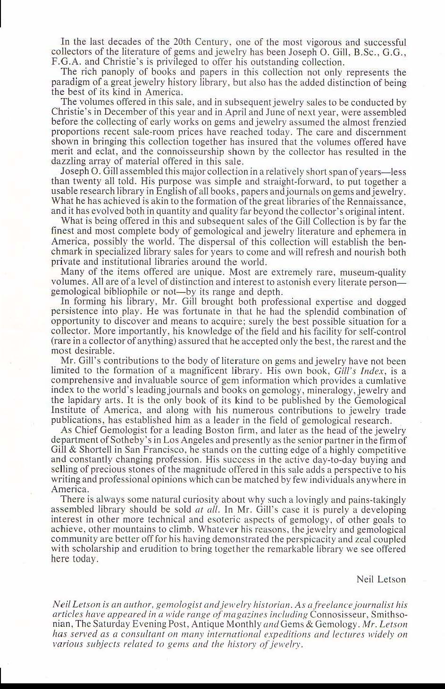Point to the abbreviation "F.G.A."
(66, 62)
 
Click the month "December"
(113, 112)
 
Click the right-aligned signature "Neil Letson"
(381, 580)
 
